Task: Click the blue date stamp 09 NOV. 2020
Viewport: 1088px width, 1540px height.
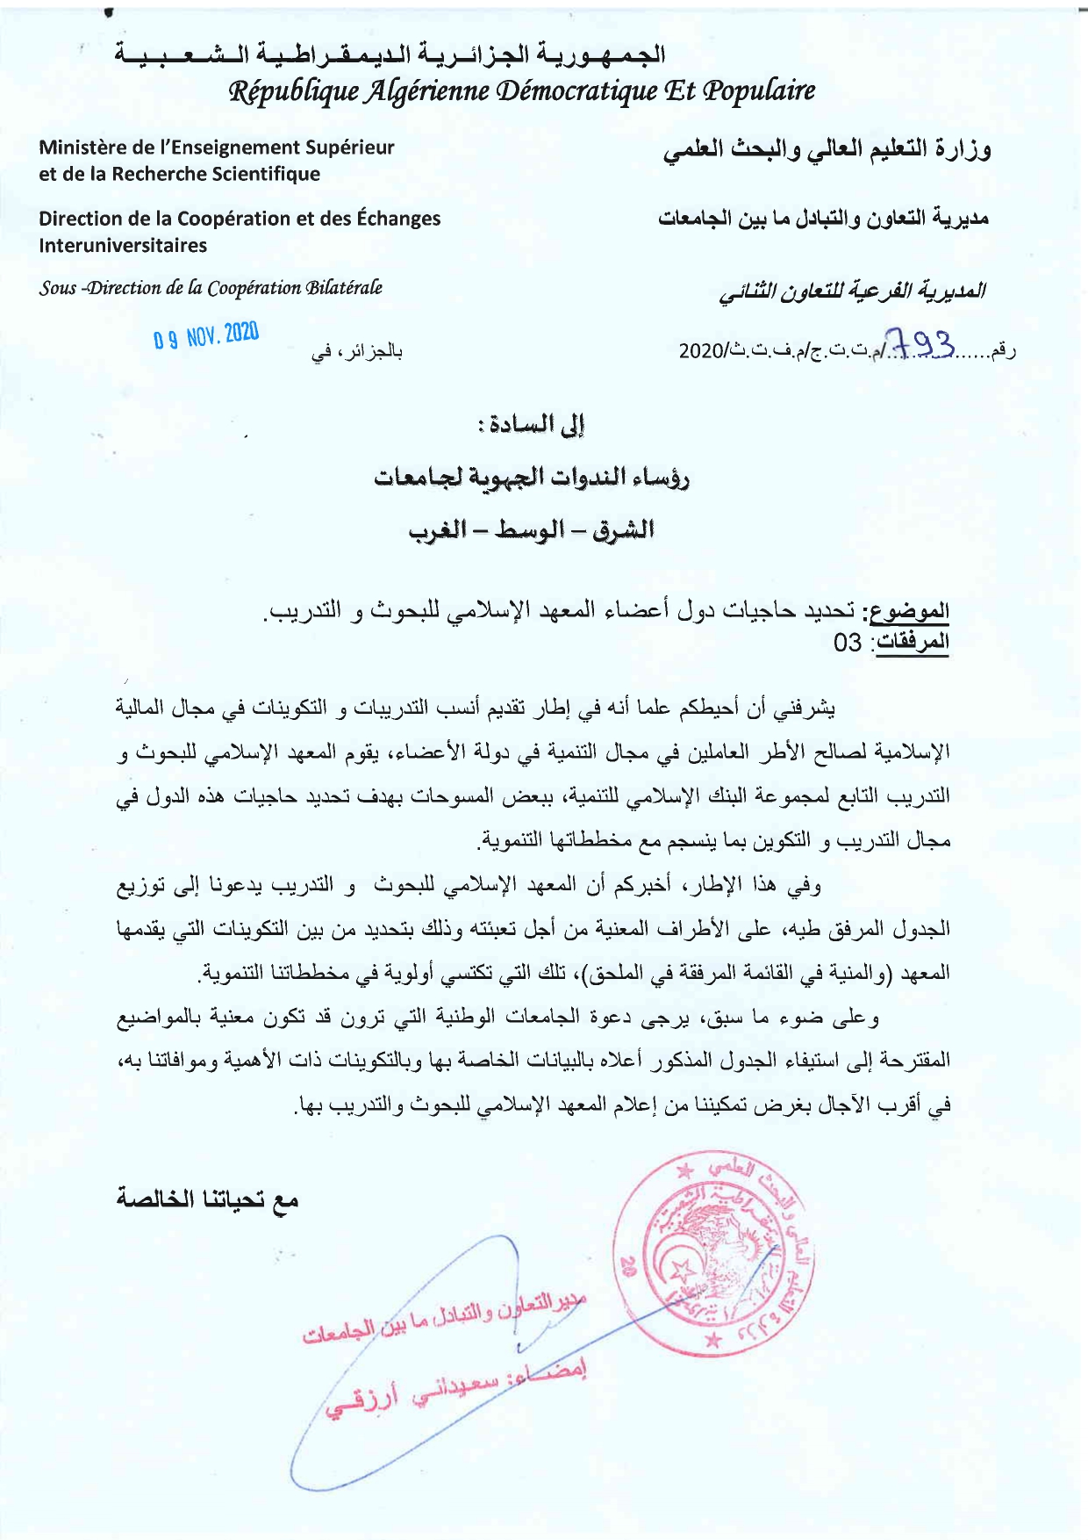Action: coord(206,335)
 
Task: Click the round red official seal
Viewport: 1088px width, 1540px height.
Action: coord(712,1258)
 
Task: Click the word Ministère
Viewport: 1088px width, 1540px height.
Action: coord(82,148)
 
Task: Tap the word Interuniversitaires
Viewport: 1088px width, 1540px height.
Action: coord(123,246)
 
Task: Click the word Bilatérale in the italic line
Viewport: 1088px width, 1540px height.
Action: coord(343,288)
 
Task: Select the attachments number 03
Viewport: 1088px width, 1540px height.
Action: coord(848,643)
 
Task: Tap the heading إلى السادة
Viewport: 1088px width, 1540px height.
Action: coord(536,427)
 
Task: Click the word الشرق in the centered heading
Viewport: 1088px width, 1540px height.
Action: coord(621,531)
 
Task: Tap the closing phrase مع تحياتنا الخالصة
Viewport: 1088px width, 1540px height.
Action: coord(208,1199)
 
